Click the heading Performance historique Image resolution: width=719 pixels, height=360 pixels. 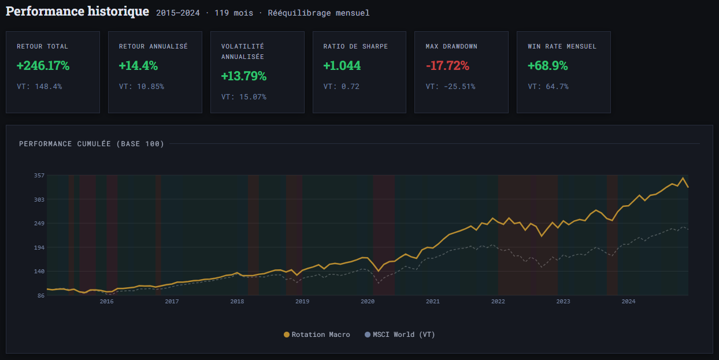point(77,12)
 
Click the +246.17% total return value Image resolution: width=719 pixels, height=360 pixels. point(43,66)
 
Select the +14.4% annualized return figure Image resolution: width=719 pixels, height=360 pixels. point(138,66)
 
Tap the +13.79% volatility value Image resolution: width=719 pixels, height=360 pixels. point(243,76)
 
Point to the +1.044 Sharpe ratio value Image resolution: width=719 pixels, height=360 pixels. point(342,66)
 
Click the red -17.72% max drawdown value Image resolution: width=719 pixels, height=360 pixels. point(447,66)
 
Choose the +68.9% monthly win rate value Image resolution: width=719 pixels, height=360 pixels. point(547,66)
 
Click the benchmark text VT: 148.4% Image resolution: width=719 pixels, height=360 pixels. point(39,87)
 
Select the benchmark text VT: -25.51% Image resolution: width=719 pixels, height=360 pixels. point(450,87)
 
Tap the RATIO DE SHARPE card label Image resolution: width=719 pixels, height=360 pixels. point(355,46)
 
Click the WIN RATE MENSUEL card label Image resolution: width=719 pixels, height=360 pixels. point(562,46)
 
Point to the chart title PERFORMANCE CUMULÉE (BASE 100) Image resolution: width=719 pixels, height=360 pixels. point(91,144)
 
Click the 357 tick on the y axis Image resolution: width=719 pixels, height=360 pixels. point(39,175)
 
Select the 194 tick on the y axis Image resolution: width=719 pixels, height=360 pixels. point(39,247)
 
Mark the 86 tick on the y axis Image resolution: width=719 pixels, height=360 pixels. point(40,295)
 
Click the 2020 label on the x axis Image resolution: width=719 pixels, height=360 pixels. point(368,301)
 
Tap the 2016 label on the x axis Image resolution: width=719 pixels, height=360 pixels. point(106,301)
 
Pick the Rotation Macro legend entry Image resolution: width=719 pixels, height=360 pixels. point(317,335)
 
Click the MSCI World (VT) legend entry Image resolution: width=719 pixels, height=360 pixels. point(399,335)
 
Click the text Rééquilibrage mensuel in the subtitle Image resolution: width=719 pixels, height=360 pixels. point(318,13)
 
